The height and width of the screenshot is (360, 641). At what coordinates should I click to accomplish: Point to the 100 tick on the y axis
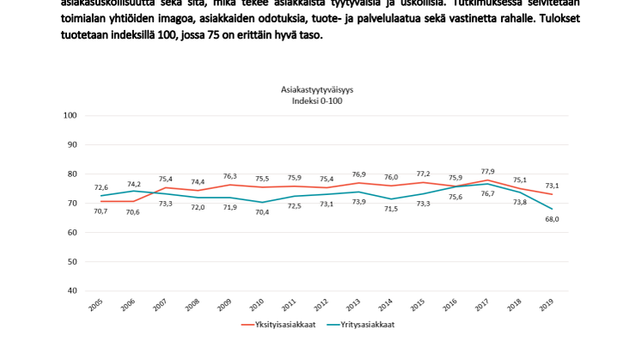tap(70, 115)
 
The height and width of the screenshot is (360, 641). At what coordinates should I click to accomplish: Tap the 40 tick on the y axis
tap(73, 290)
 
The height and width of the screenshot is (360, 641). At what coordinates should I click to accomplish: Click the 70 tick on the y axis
tap(73, 203)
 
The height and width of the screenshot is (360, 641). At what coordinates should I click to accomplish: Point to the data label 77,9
tap(487, 171)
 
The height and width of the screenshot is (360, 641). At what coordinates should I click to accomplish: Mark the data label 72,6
tap(100, 187)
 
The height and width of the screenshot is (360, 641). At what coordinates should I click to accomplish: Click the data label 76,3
tap(231, 176)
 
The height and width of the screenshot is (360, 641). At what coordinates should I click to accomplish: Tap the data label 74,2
tap(132, 184)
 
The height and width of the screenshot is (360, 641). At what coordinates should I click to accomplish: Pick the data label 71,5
tap(390, 208)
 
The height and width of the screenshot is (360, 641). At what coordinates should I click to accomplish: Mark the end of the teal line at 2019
tap(551, 209)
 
